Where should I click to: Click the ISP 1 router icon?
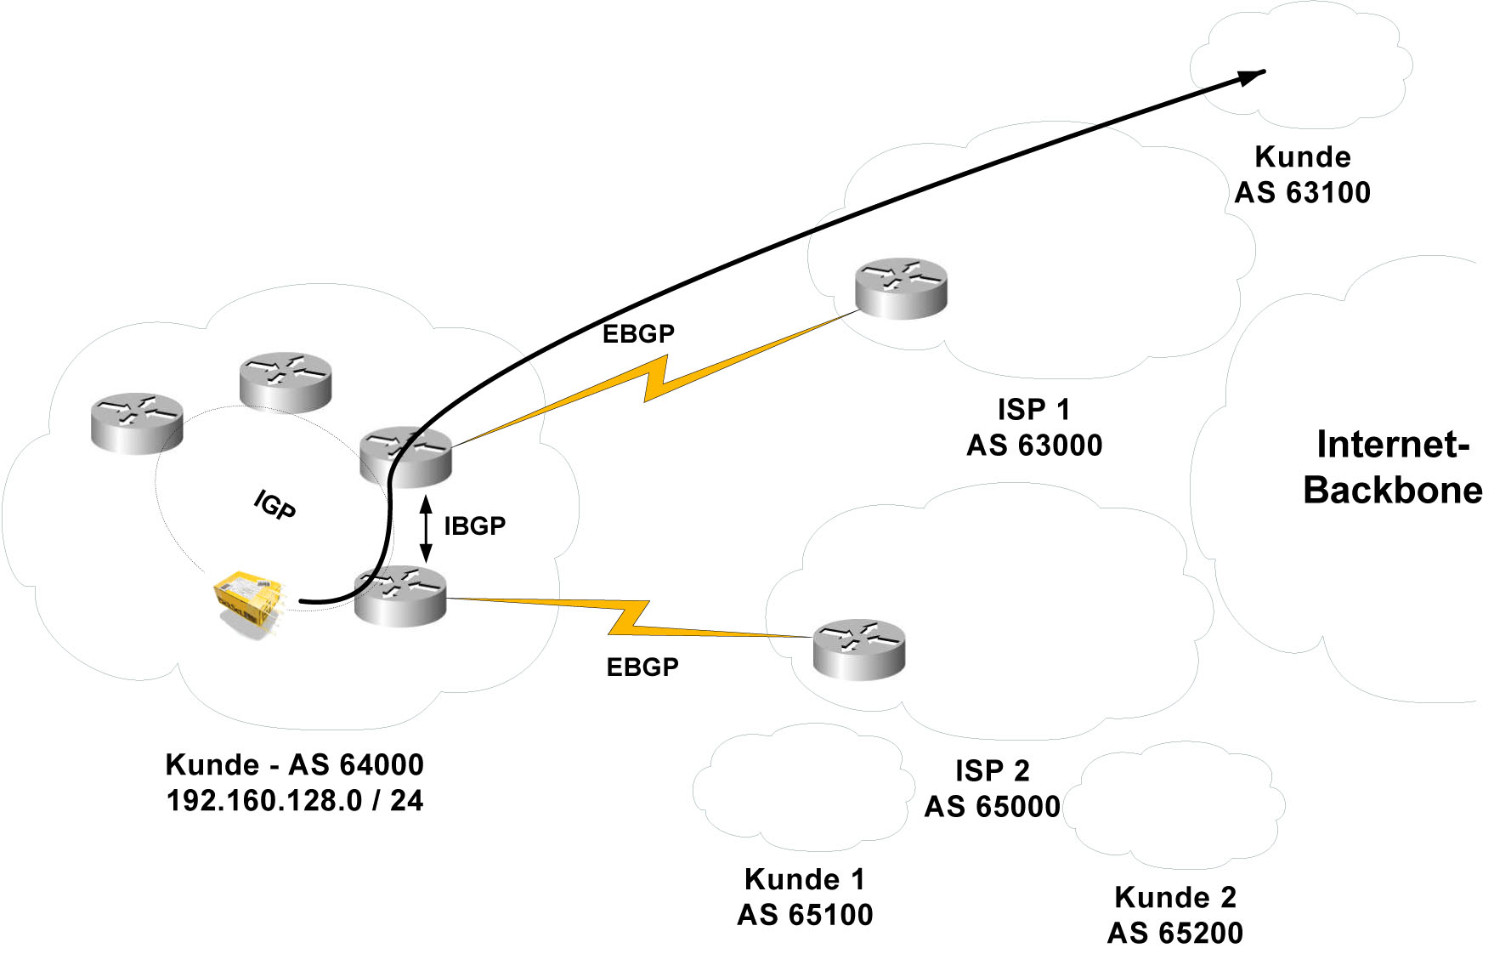tap(901, 289)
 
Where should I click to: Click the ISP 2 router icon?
tap(858, 650)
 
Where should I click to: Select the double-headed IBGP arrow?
tap(427, 527)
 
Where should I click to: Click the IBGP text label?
tap(474, 526)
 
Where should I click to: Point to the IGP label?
tap(274, 505)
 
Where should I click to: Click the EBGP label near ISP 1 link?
tap(638, 334)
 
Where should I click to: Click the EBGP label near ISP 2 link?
tap(642, 667)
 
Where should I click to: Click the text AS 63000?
tap(1034, 446)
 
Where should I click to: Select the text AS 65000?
tap(992, 807)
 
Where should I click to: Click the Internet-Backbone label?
tap(1393, 468)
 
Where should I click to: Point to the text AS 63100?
tap(1302, 193)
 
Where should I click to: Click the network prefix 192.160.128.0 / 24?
tap(295, 801)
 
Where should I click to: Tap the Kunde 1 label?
tap(804, 879)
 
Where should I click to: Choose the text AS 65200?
tap(1174, 934)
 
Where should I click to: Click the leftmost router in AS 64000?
tap(137, 423)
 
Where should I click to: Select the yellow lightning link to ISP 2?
tap(629, 618)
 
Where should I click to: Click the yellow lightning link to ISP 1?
tap(654, 378)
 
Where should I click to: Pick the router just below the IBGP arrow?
tap(399, 596)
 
